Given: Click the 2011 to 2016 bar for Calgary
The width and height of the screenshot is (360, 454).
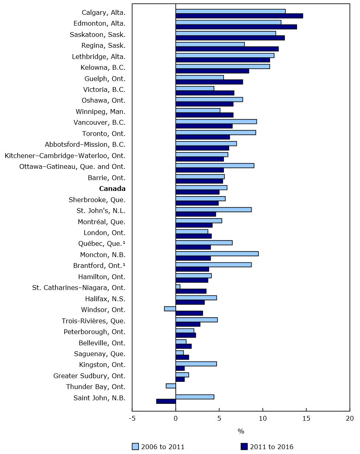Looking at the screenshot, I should (x=239, y=16).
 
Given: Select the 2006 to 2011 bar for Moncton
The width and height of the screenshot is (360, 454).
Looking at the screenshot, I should (x=217, y=253).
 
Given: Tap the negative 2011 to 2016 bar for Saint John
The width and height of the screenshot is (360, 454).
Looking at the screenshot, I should (x=166, y=401).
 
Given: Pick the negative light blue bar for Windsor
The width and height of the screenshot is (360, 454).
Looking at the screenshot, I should (x=170, y=308).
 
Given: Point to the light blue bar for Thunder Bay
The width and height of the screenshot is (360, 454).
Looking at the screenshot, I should (x=171, y=385).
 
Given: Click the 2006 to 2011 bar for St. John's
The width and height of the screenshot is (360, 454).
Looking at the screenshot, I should (x=214, y=209).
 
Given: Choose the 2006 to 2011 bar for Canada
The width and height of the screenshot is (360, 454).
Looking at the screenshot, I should (x=201, y=187).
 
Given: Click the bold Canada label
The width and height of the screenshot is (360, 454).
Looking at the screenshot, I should (x=112, y=188).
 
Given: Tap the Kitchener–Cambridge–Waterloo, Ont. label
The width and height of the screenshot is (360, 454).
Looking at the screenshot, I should (x=65, y=156).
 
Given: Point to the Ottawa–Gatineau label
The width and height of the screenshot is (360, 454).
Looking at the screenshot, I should (x=72, y=166).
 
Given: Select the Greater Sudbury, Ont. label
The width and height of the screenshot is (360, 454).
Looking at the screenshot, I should (x=89, y=376).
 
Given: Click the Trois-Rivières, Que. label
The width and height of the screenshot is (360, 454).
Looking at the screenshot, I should (x=94, y=321).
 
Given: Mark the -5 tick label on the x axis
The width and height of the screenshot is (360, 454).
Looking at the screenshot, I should (x=132, y=418).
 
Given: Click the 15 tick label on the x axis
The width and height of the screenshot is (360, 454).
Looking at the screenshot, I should (x=307, y=418).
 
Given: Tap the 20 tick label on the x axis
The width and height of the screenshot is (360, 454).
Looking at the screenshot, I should (x=350, y=418).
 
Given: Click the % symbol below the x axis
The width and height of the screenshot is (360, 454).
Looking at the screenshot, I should (x=241, y=432).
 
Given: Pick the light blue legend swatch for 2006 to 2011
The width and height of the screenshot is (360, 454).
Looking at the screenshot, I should (x=135, y=447).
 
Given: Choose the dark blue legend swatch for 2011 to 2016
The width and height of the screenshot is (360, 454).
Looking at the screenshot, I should (x=244, y=447).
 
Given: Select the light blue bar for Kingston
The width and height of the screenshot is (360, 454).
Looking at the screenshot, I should (x=196, y=364).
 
